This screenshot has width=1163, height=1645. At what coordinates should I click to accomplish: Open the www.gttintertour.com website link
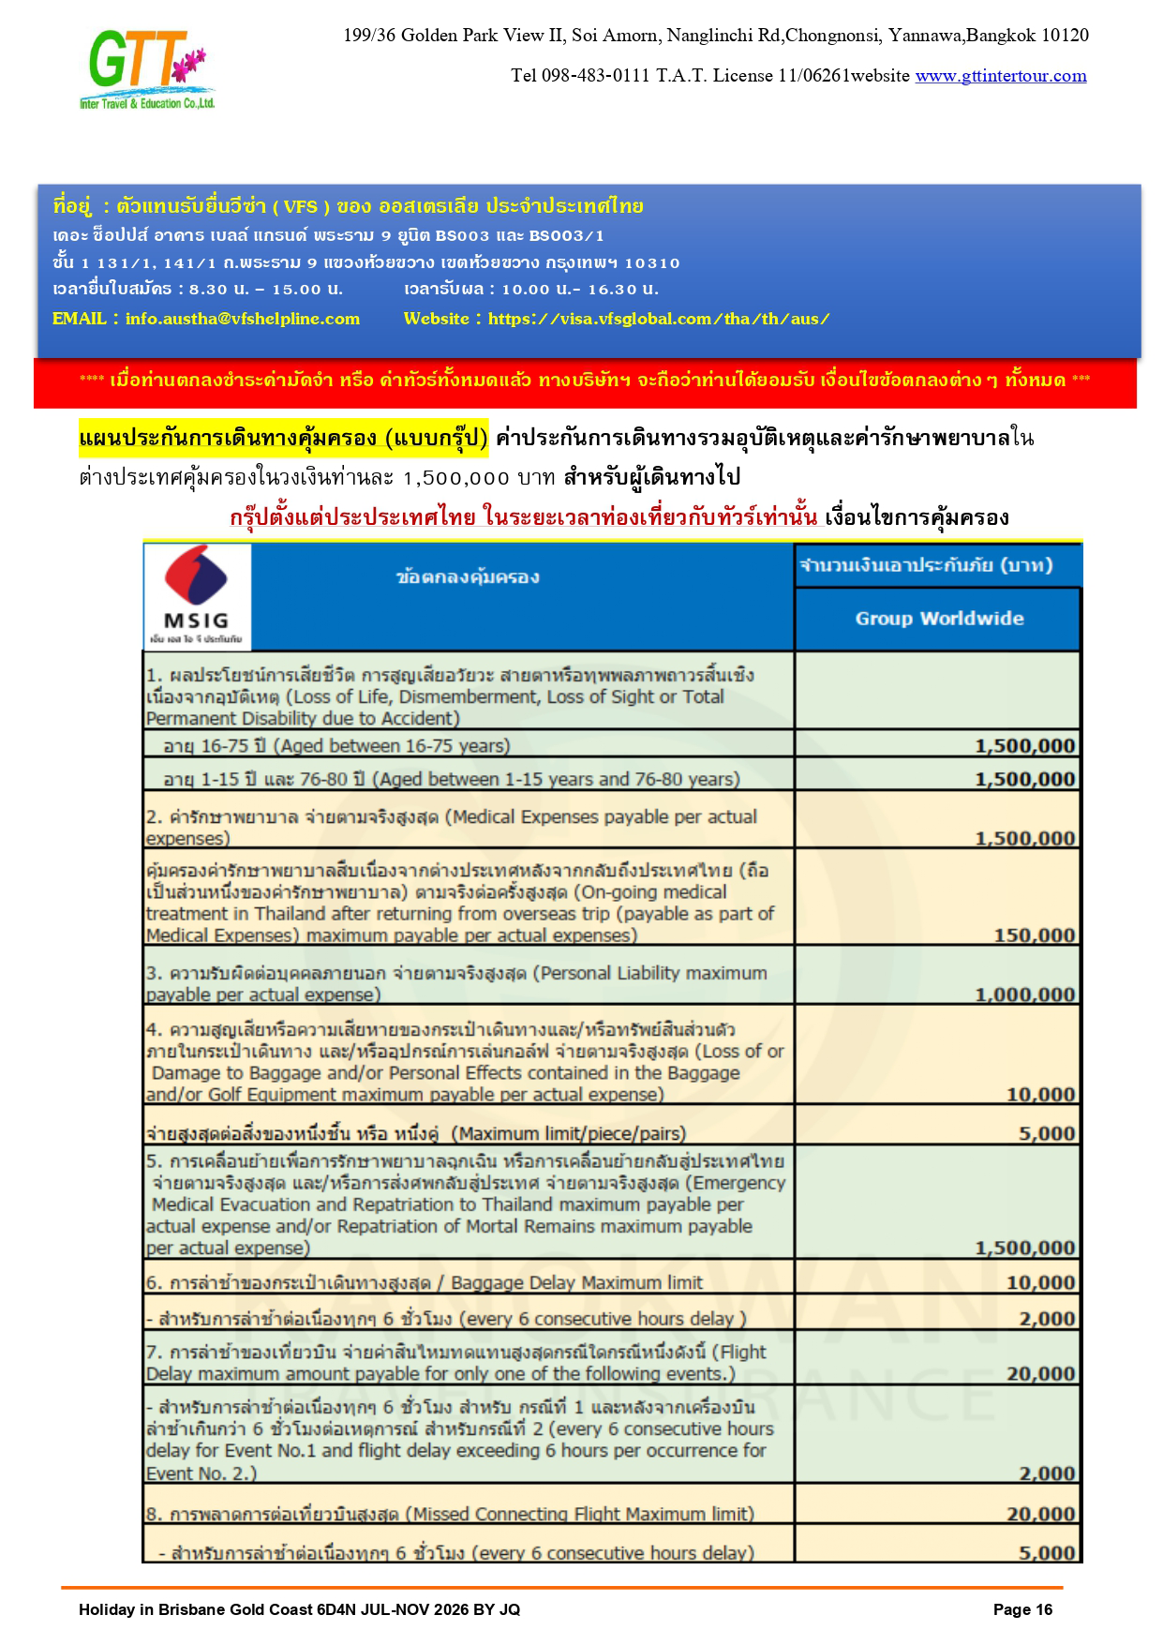click(x=1001, y=76)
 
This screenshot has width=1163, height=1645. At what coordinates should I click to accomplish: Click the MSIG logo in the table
click(x=197, y=596)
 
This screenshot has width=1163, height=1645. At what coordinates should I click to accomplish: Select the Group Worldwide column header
click(x=938, y=619)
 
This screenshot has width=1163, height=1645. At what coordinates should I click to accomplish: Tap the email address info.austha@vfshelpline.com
click(x=242, y=319)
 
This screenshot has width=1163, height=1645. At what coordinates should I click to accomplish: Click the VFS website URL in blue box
click(x=659, y=319)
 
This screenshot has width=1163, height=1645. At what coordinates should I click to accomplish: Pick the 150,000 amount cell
click(x=1034, y=935)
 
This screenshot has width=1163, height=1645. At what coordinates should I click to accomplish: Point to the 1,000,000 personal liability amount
click(x=1024, y=994)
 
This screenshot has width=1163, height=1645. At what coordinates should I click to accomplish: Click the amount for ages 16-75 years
click(x=1024, y=746)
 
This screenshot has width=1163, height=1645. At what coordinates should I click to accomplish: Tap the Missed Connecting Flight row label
click(x=450, y=1514)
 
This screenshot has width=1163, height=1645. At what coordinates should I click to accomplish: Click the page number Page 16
click(x=1022, y=1609)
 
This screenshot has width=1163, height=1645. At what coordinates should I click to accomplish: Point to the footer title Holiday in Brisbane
click(x=299, y=1609)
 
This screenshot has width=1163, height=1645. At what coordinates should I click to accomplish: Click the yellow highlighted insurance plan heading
click(x=283, y=438)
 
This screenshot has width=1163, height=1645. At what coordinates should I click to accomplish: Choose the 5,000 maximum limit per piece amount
click(x=1047, y=1133)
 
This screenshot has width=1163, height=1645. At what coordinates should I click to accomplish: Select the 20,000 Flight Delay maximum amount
click(x=1040, y=1374)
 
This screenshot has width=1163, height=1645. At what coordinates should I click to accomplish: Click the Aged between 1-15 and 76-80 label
click(x=451, y=779)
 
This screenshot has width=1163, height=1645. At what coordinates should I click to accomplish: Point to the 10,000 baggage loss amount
click(x=1040, y=1095)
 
